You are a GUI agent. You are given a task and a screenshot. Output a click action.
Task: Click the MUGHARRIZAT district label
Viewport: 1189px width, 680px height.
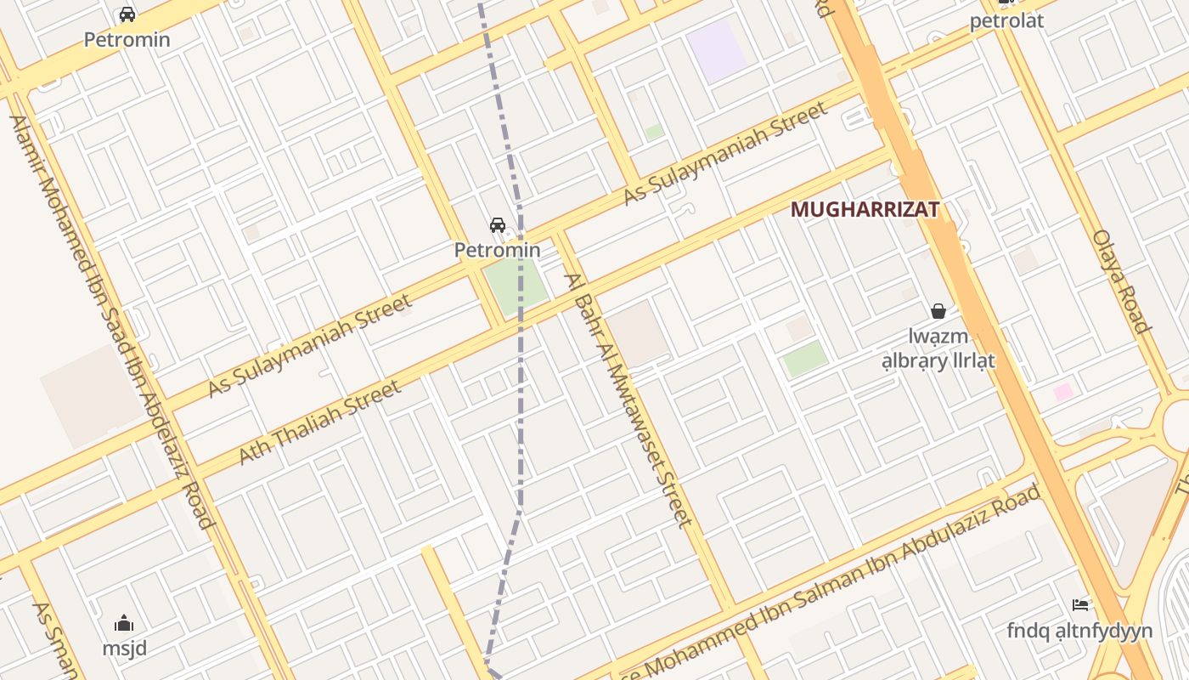tap(865, 209)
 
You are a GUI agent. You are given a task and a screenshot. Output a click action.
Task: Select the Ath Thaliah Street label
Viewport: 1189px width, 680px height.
tap(319, 422)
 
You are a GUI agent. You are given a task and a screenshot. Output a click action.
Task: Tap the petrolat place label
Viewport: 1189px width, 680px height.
tap(1006, 21)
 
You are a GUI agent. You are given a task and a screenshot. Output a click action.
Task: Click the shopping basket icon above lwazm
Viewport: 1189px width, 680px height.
tap(938, 311)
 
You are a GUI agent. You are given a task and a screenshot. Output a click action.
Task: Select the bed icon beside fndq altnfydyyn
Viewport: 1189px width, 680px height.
tap(1080, 605)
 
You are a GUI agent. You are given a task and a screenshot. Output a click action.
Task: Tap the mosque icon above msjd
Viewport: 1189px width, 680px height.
tap(124, 623)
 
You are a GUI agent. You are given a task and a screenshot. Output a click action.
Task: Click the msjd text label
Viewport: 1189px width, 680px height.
tap(124, 649)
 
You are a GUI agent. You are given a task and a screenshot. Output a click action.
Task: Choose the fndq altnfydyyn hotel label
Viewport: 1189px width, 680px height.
tap(1079, 631)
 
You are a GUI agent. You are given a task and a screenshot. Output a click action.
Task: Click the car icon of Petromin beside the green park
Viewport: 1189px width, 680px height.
tap(498, 225)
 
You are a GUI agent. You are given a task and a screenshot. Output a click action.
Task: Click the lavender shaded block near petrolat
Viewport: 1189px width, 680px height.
tap(717, 50)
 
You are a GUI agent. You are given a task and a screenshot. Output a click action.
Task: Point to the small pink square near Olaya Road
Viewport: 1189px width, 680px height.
tap(1063, 392)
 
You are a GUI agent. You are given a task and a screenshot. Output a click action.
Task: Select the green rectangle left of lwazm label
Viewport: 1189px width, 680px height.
tap(805, 359)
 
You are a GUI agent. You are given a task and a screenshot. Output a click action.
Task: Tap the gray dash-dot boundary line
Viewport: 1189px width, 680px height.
tap(521, 408)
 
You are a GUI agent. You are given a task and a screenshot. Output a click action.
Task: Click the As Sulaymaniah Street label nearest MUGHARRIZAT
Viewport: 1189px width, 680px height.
tap(725, 153)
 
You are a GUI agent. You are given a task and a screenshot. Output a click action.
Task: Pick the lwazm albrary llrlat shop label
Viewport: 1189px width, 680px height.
tap(938, 348)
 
